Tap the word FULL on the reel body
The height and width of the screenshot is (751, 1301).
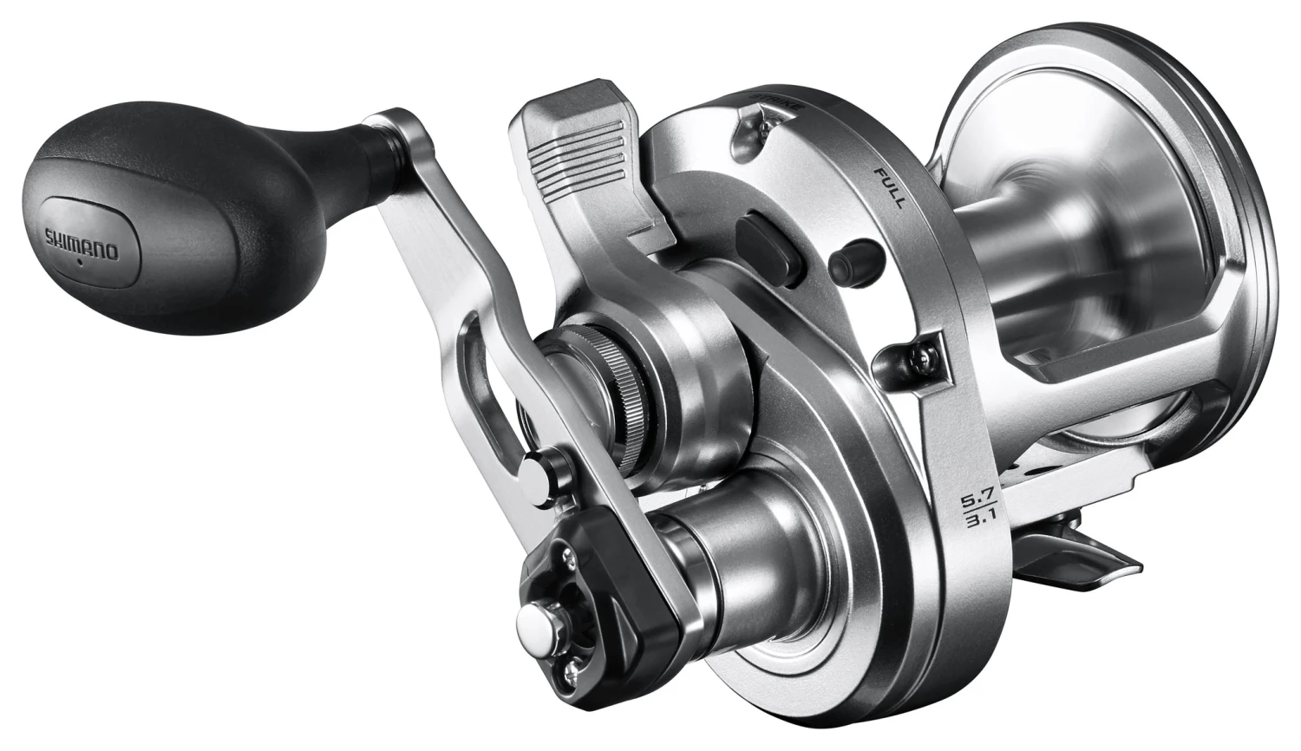pyautogui.click(x=889, y=185)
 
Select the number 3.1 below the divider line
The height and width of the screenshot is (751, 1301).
pyautogui.click(x=970, y=526)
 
